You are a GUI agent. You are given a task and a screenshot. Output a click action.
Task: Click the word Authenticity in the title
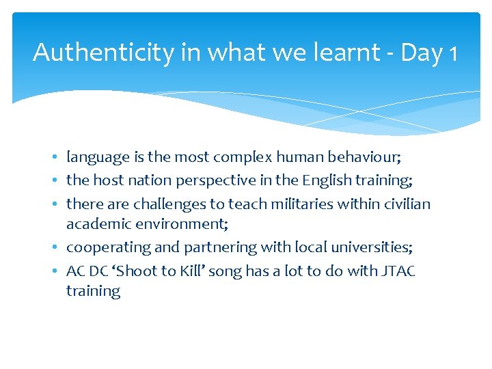tap(103, 53)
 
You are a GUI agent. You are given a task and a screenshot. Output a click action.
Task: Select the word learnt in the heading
tap(337, 53)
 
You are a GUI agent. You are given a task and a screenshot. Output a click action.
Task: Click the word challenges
tap(169, 203)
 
